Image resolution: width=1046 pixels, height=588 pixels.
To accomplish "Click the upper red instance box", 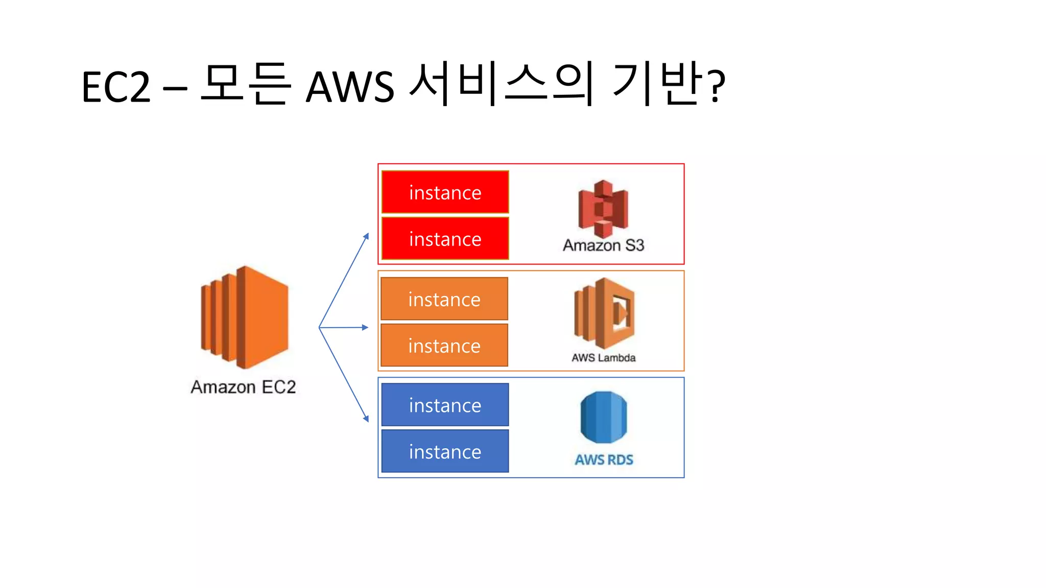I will (445, 192).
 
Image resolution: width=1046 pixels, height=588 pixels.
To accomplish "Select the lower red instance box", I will (445, 239).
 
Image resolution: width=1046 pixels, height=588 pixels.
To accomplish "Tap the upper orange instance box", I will (444, 299).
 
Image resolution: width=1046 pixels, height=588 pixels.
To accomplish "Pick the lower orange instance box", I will (444, 346).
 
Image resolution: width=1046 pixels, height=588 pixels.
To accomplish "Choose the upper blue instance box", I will (445, 405).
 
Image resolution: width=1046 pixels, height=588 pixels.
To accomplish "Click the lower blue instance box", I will (445, 451).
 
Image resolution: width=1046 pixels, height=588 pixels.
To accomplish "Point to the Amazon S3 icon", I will (603, 209).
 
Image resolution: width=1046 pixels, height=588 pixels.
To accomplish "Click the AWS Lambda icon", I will (604, 313).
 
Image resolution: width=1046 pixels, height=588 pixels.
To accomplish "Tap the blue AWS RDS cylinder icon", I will (604, 417).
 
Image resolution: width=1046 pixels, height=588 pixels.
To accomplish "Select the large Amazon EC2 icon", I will (245, 317).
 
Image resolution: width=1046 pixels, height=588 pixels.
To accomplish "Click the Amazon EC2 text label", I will (243, 387).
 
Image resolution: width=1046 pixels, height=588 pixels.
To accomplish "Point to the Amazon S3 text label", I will (603, 246).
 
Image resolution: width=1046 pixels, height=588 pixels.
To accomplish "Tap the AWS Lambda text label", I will (603, 358).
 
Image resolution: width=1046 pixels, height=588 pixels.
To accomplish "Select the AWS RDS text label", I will (604, 460).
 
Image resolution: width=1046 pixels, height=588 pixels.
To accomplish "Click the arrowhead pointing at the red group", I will (366, 236).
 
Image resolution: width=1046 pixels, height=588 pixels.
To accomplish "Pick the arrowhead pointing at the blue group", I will (366, 419).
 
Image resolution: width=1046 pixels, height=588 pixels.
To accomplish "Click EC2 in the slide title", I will (116, 87).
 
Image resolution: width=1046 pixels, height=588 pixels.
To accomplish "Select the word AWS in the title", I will (350, 87).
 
